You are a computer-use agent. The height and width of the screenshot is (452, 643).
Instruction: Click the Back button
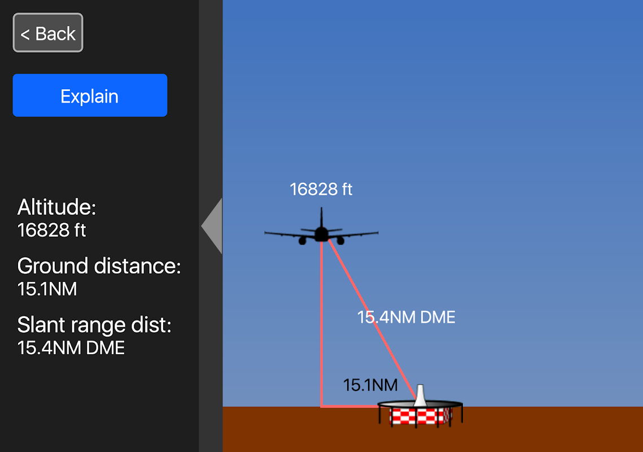pyautogui.click(x=48, y=33)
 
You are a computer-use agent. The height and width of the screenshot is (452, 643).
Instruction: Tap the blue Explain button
pyautogui.click(x=90, y=95)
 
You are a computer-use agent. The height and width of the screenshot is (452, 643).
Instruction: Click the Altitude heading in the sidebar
pyautogui.click(x=57, y=207)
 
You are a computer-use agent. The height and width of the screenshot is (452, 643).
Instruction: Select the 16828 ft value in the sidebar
pyautogui.click(x=51, y=231)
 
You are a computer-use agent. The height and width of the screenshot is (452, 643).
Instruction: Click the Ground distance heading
pyautogui.click(x=99, y=266)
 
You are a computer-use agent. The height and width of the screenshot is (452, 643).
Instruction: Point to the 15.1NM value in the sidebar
pyautogui.click(x=47, y=289)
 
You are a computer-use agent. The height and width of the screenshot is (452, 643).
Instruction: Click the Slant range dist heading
pyautogui.click(x=94, y=325)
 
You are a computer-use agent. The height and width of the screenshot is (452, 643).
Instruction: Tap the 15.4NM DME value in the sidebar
pyautogui.click(x=71, y=348)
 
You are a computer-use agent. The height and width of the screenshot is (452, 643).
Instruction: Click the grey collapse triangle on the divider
pyautogui.click(x=213, y=226)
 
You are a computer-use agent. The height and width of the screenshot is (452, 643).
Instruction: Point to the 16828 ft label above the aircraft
pyautogui.click(x=321, y=189)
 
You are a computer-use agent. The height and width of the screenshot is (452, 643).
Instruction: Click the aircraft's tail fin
pyautogui.click(x=322, y=218)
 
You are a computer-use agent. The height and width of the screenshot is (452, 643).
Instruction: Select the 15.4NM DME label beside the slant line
pyautogui.click(x=406, y=318)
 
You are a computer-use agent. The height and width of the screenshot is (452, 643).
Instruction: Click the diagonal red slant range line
pyautogui.click(x=361, y=299)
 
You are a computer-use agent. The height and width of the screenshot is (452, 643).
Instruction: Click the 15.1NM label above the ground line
pyautogui.click(x=370, y=385)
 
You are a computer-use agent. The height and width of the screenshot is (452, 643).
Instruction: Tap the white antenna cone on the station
pyautogui.click(x=420, y=395)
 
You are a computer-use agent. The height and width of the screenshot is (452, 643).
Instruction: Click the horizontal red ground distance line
pyautogui.click(x=350, y=406)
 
